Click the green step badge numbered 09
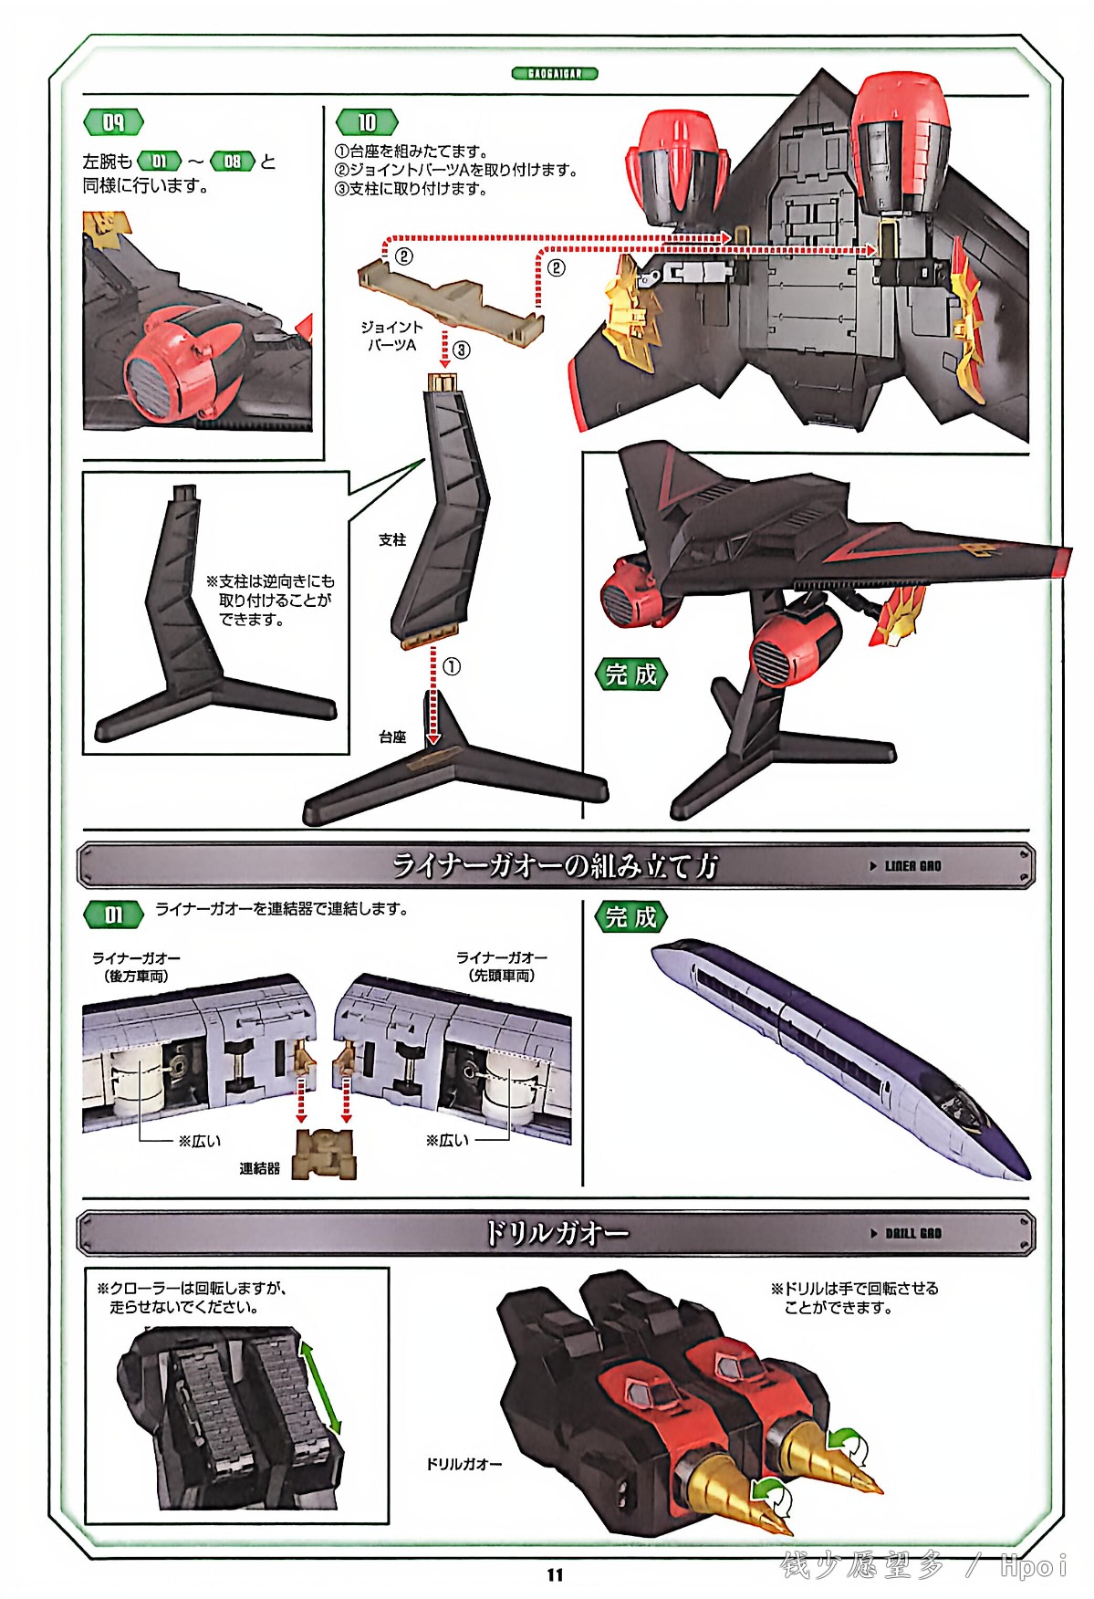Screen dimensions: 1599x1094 coord(113,122)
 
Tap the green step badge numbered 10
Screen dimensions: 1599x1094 coord(367,122)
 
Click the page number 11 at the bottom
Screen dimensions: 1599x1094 coord(555,1574)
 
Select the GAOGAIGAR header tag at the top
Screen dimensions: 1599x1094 coord(555,73)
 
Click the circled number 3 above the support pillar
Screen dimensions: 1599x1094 coord(462,350)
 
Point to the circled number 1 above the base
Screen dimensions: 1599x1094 coord(452,667)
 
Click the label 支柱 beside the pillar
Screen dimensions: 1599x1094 coord(392,540)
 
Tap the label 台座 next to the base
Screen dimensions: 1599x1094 coord(392,737)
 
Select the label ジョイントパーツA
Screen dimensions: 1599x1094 coord(391,336)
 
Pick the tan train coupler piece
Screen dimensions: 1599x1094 coord(324,1155)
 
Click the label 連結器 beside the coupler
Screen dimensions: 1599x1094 coord(259,1168)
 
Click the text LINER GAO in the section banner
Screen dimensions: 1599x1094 coord(912,866)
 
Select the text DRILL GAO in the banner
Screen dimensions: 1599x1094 coord(912,1233)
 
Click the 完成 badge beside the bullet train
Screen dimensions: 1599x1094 coord(630,917)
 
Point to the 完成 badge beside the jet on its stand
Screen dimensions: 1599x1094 coord(630,674)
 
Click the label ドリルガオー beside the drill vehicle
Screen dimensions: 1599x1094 coord(464,1464)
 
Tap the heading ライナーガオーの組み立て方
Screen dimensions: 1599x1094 coord(555,865)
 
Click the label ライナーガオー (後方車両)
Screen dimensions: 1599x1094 coord(136,967)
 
